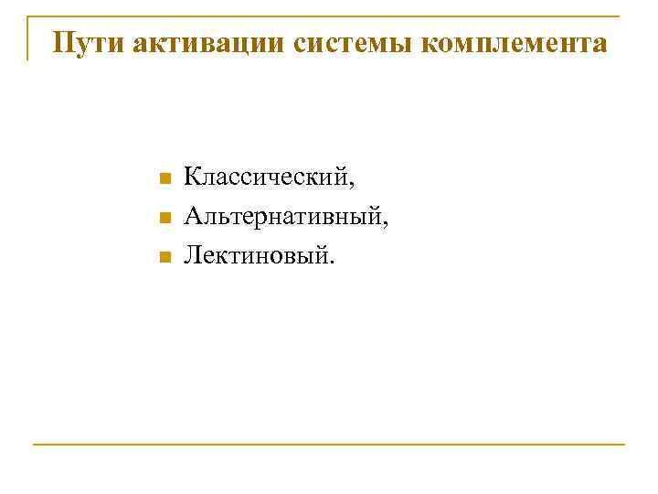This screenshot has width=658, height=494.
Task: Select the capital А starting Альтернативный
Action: click(x=192, y=216)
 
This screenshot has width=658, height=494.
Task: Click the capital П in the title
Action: click(x=63, y=43)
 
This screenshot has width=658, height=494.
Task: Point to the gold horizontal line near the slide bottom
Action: click(x=329, y=445)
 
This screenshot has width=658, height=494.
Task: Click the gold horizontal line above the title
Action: click(x=329, y=16)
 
